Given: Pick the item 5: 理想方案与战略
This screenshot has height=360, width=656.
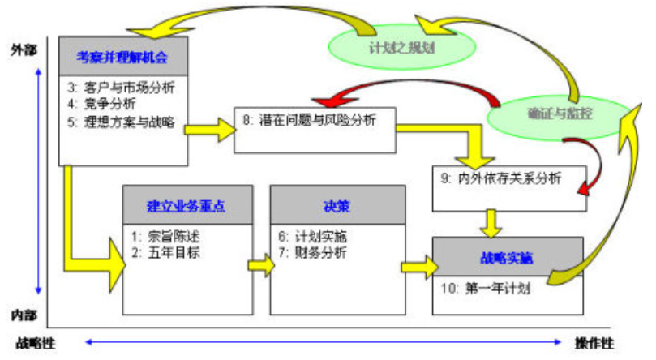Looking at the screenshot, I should [122, 123].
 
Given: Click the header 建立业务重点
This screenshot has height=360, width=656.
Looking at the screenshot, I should [187, 205].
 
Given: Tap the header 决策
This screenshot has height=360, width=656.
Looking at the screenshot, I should [337, 205].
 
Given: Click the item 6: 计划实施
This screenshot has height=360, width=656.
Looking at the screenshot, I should [313, 236].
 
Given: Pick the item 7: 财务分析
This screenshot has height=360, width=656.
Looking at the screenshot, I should [313, 252].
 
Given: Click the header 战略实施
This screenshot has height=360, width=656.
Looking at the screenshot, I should [506, 258].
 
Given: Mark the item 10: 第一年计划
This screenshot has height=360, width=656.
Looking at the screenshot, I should [484, 287].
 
